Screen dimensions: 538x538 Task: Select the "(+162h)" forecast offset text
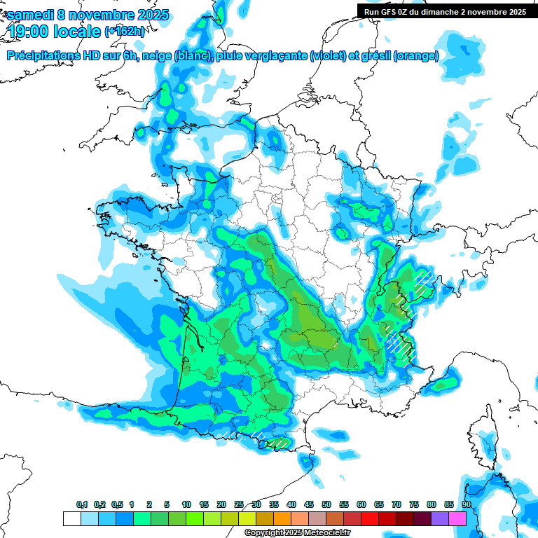[x=125, y=32]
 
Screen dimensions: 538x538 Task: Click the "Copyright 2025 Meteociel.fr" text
[x=297, y=533]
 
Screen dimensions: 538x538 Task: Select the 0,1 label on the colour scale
[x=81, y=504]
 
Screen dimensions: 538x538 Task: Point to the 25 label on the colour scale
[x=239, y=504]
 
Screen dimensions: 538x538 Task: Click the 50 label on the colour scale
[x=326, y=504]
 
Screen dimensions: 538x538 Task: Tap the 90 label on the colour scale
[x=466, y=504]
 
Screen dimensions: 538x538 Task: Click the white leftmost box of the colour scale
[x=71, y=518]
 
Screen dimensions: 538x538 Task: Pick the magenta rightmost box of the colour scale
[x=457, y=518]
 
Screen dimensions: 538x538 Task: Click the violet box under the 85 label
[x=439, y=518]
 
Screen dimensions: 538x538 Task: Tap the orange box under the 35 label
[x=282, y=518]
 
